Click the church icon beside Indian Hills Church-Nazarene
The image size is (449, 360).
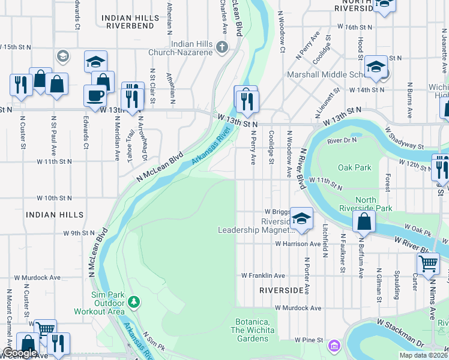222,48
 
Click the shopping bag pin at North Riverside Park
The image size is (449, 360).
364,221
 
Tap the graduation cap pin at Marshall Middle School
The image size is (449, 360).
376,66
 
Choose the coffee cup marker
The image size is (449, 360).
95,95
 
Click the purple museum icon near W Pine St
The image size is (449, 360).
334,346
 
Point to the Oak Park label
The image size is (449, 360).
355,168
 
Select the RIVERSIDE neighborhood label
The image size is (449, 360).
282,290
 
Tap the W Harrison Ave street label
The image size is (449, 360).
298,244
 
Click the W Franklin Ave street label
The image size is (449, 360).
263,275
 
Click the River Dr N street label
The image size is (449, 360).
342,140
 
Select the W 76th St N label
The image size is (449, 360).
360,27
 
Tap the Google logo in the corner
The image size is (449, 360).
20,353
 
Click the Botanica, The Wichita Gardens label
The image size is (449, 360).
252,330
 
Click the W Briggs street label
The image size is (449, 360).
277,212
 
